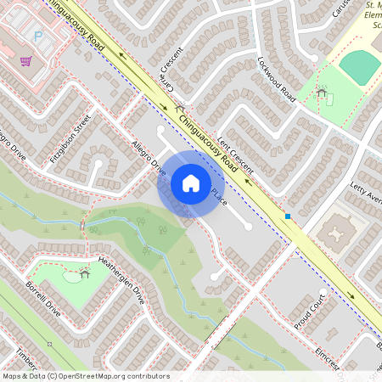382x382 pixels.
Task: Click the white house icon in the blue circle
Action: (x=190, y=183)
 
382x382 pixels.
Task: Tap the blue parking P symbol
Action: (x=37, y=36)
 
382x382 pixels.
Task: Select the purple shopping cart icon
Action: (x=25, y=61)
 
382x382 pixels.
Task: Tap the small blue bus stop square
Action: (x=289, y=216)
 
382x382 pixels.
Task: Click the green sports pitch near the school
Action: (x=359, y=66)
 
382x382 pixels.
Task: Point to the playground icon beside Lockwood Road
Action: (x=321, y=93)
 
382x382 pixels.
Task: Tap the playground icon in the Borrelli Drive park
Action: (x=84, y=272)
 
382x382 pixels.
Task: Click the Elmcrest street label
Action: (x=325, y=357)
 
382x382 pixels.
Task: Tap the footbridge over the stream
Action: (x=82, y=225)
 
